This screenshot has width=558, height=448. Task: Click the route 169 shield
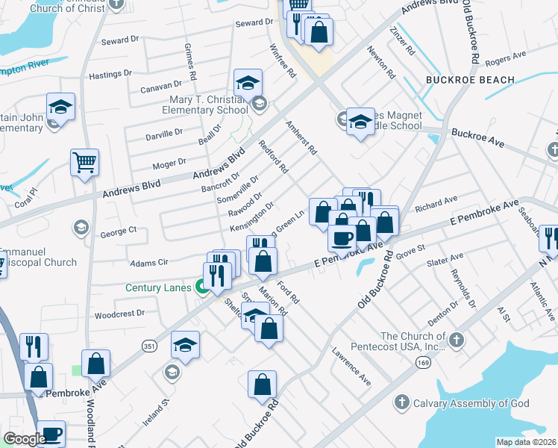tap(421, 361)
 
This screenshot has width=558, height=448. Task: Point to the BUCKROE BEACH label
tap(470, 80)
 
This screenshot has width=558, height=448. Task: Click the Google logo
tap(25, 439)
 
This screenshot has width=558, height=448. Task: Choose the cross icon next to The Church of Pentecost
tap(457, 341)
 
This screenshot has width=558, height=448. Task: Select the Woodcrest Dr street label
tap(119, 314)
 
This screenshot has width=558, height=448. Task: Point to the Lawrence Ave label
tap(351, 366)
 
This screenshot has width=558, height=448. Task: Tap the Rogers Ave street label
tap(505, 59)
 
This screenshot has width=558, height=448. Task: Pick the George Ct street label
tap(118, 231)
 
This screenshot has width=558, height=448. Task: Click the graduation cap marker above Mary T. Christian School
tap(248, 84)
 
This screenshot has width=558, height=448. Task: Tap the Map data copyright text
tap(526, 442)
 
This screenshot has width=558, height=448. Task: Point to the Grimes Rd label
tap(190, 61)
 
